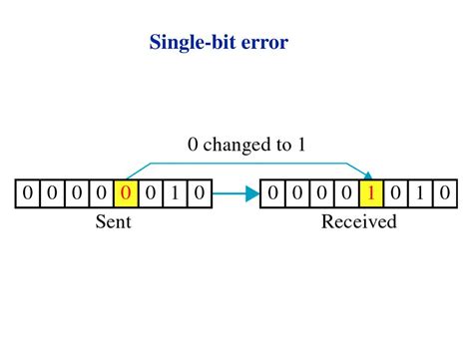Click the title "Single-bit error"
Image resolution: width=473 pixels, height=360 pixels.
point(219,43)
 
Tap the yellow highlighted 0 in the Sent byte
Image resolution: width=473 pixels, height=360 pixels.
point(126,192)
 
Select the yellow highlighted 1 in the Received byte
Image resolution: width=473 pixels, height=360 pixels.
point(371,192)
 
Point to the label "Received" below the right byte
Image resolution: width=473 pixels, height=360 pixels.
point(358,221)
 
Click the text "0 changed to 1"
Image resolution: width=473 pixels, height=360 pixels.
point(246,146)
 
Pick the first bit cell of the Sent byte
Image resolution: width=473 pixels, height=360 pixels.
point(28,192)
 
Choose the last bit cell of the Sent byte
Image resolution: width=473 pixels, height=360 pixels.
point(200,192)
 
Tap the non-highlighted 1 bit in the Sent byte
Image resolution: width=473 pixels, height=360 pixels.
point(176,192)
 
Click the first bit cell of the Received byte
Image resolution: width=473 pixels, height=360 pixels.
point(272,192)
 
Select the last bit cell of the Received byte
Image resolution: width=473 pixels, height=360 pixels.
point(445,192)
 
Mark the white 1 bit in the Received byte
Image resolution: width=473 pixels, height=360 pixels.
point(420,192)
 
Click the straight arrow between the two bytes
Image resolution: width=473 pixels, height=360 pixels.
point(236,193)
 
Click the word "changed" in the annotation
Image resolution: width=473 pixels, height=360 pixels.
point(239,146)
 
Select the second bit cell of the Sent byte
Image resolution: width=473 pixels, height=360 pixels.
point(52,192)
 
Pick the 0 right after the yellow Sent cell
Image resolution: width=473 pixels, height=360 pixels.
point(151,192)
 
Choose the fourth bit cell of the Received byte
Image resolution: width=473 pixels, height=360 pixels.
point(346,192)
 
